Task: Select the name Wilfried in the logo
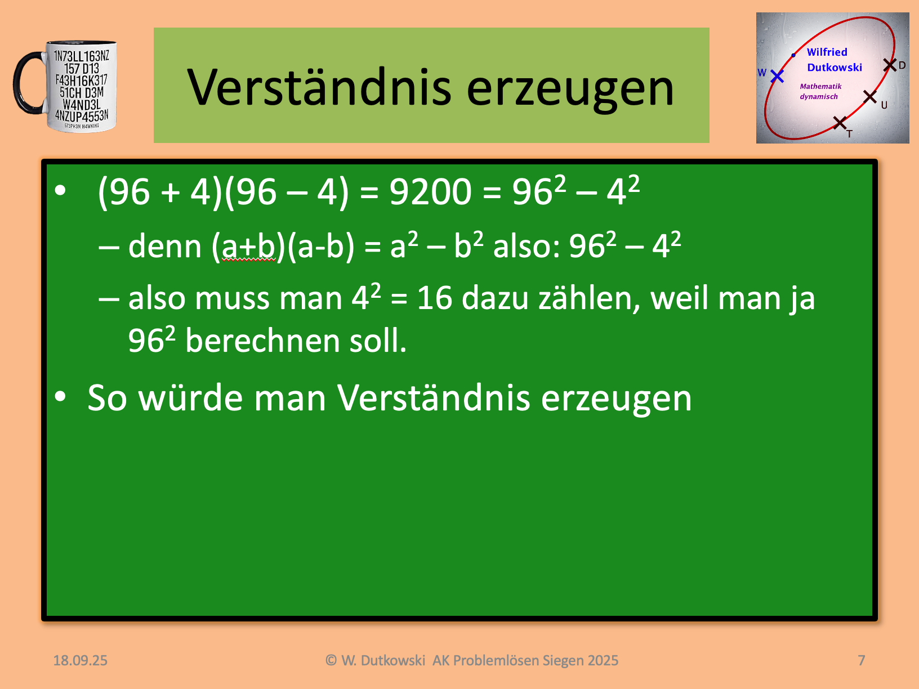[827, 52]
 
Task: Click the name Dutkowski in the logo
[835, 68]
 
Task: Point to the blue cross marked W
[777, 76]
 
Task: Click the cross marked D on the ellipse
[889, 65]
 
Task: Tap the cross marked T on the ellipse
[840, 123]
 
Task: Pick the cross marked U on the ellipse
[870, 97]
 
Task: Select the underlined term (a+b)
[243, 247]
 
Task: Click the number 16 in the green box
[435, 298]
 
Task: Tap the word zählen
[590, 299]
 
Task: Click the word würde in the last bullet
[190, 397]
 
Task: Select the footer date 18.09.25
[81, 660]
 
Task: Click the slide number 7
[861, 660]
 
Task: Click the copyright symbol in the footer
[331, 660]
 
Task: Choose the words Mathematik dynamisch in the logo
[820, 91]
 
